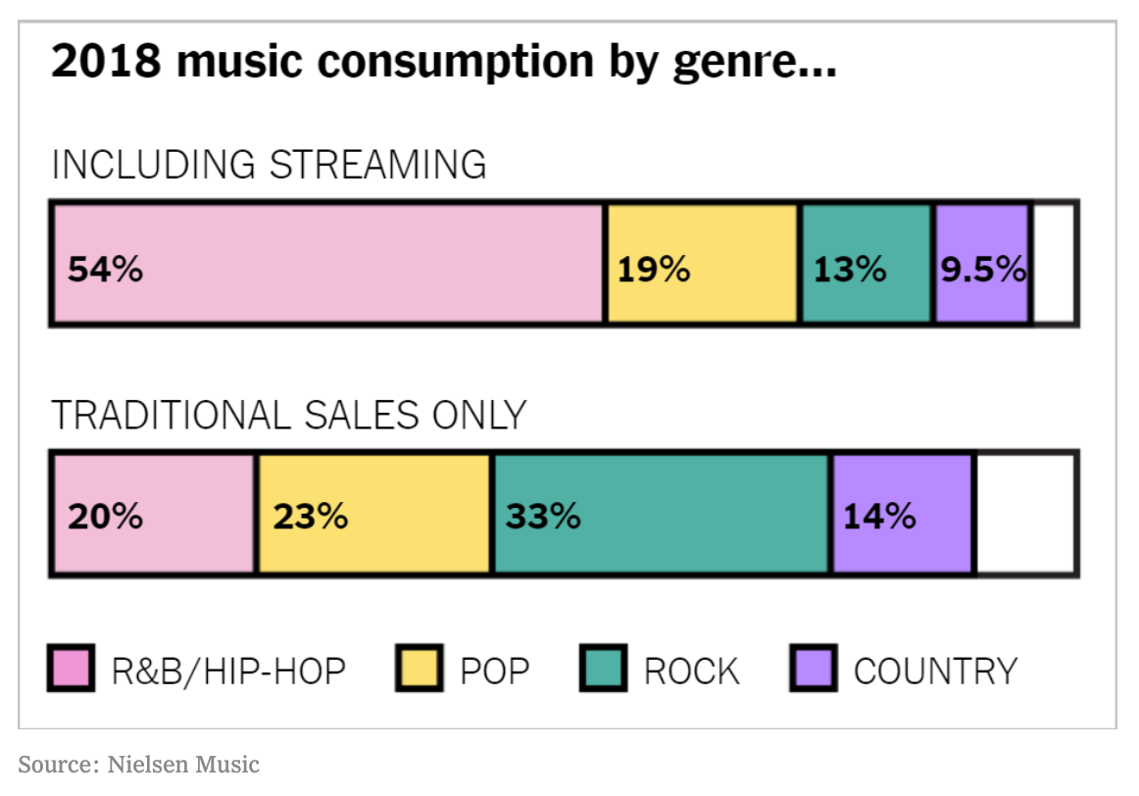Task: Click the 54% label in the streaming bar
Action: pyautogui.click(x=105, y=270)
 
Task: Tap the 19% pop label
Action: pyautogui.click(x=654, y=270)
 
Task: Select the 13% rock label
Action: pyautogui.click(x=850, y=270)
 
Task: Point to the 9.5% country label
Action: pyautogui.click(x=983, y=270)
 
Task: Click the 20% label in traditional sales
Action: pyautogui.click(x=105, y=518)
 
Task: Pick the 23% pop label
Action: pyautogui.click(x=310, y=518)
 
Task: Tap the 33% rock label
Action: pyautogui.click(x=543, y=518)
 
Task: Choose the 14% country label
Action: pyautogui.click(x=879, y=518)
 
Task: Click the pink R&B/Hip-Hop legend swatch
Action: pyautogui.click(x=72, y=669)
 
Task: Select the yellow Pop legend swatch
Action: pyautogui.click(x=420, y=669)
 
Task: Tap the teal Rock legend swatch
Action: pyautogui.click(x=604, y=669)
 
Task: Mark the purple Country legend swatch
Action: pyautogui.click(x=814, y=669)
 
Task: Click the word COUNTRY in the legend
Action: pyautogui.click(x=935, y=672)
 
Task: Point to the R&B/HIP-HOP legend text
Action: pyautogui.click(x=228, y=672)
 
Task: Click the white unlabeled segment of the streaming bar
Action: pyautogui.click(x=1054, y=263)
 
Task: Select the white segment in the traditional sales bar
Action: pyautogui.click(x=1025, y=514)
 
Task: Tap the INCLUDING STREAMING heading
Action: pyautogui.click(x=269, y=164)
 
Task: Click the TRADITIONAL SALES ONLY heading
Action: pyautogui.click(x=288, y=416)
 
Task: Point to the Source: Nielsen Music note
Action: pyautogui.click(x=139, y=765)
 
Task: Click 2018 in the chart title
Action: pyautogui.click(x=106, y=60)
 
